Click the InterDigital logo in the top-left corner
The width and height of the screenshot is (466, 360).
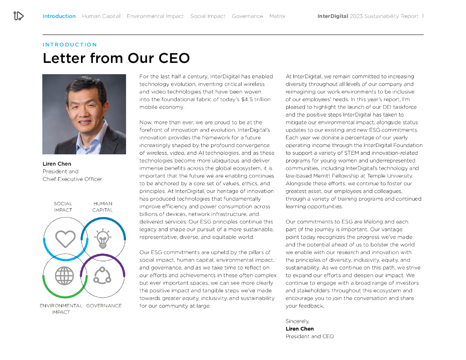pos(18,16)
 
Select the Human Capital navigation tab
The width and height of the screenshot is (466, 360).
pos(101,16)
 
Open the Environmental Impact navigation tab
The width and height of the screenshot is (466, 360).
pos(155,16)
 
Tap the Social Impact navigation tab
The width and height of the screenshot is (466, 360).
pos(208,16)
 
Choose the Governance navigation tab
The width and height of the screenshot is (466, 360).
pos(247,16)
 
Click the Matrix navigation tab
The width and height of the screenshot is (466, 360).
pos(277,16)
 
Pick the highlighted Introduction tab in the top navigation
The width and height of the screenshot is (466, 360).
pos(59,16)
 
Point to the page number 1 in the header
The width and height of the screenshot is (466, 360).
pos(422,16)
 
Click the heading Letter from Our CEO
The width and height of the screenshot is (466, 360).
pos(116,58)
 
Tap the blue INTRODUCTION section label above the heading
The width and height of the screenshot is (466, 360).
pos(70,45)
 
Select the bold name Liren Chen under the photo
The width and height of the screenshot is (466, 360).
pos(57,164)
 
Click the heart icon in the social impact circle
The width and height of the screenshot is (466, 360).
pos(65,238)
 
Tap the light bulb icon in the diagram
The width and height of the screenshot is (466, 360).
pos(103,238)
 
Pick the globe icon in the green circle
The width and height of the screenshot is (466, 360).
pos(64,275)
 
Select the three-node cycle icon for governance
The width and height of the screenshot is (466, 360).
pos(102,275)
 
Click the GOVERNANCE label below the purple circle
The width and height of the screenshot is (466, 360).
pos(104,306)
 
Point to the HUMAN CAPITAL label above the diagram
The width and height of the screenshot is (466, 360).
pos(102,207)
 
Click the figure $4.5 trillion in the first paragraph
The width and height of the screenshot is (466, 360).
pos(256,100)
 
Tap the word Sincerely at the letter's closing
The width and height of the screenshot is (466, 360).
pos(297,321)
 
